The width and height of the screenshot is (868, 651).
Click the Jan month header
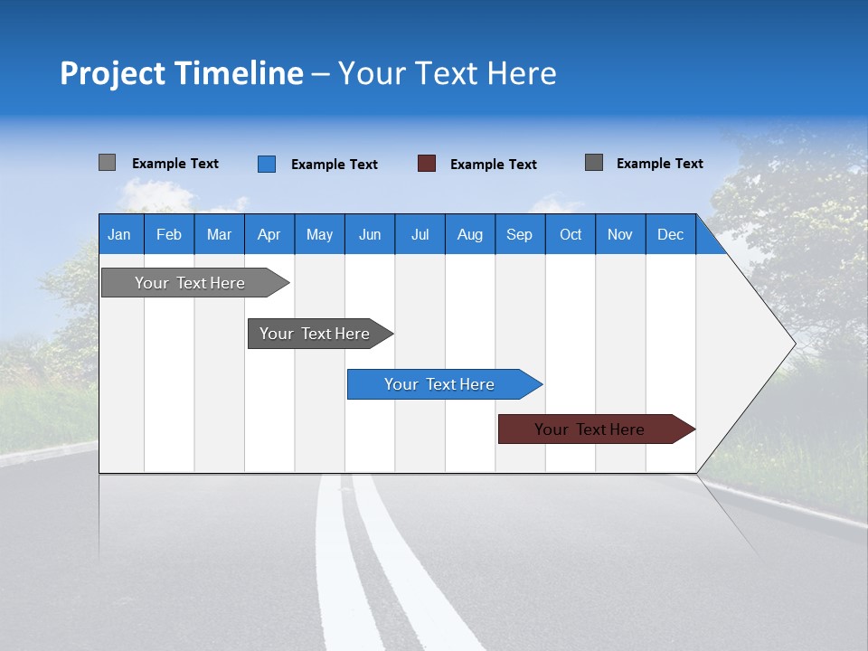pos(119,234)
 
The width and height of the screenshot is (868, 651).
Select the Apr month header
pos(269,234)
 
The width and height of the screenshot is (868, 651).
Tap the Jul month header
pos(420,234)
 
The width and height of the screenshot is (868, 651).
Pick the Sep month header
pos(519,234)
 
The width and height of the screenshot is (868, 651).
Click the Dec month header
pos(670,234)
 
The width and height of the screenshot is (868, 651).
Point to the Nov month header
pos(619,234)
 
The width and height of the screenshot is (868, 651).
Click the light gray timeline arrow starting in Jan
pos(190,283)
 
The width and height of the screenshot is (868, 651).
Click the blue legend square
pos(266,164)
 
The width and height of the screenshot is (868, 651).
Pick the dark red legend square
pos(427,164)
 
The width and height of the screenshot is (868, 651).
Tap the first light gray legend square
pos(107,163)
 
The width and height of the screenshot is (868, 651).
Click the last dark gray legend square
pos(594,163)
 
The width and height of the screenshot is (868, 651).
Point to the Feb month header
pos(168,234)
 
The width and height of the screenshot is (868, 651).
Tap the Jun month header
pos(369,234)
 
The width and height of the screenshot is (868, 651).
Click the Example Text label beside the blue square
pos(334,165)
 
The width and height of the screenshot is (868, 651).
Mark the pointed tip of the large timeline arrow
pos(794,344)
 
